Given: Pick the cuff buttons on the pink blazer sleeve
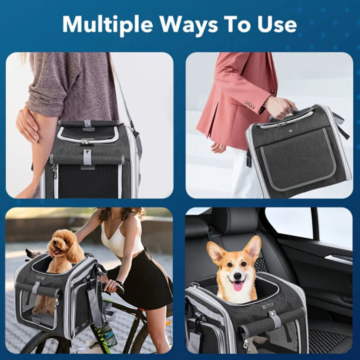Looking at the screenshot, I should coord(248,104).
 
